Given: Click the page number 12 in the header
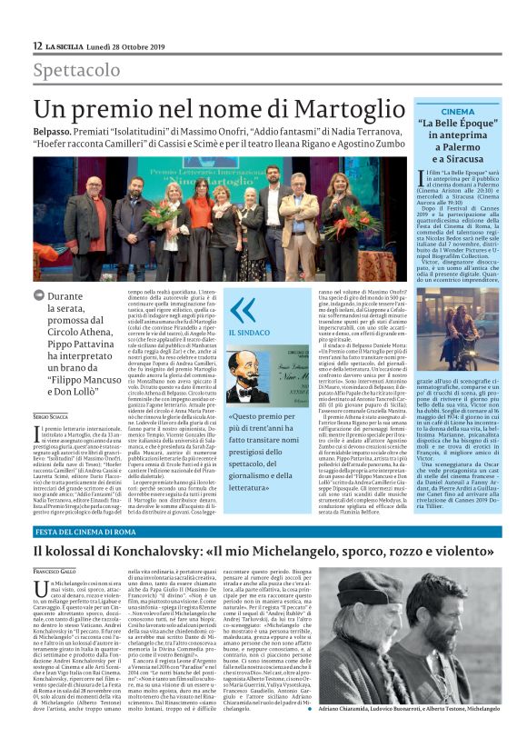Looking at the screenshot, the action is point(37,45).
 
